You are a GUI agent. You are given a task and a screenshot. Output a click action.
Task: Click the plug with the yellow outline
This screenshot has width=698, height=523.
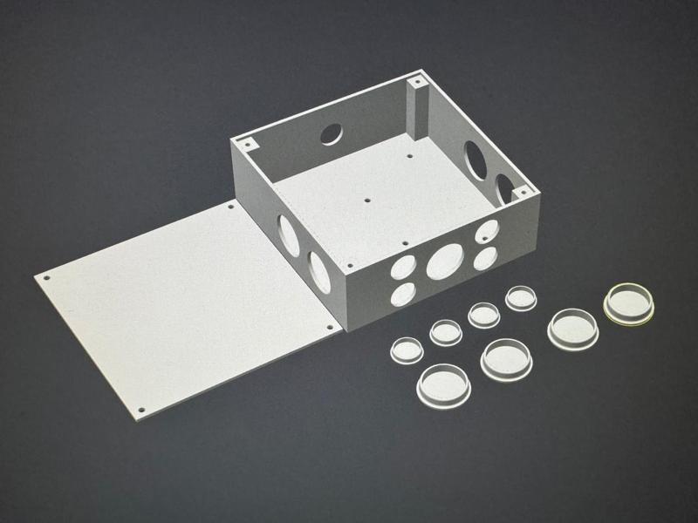[630, 303]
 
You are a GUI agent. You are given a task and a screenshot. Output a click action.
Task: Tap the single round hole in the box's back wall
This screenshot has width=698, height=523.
[332, 133]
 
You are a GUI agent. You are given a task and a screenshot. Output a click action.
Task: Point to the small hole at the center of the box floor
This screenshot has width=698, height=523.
[367, 198]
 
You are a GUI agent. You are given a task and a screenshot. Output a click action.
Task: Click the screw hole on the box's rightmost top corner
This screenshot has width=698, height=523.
[523, 189]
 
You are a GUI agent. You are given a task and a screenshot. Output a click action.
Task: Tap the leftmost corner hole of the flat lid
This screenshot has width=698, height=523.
[46, 278]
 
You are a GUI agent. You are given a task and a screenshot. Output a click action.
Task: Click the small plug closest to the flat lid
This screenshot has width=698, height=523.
[407, 348]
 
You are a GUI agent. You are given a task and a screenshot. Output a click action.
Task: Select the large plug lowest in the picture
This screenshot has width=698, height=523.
[445, 384]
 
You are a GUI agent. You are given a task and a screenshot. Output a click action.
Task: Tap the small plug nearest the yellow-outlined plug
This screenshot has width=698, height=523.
[522, 298]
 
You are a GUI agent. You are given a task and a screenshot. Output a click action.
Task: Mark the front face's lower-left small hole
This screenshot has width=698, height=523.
[403, 293]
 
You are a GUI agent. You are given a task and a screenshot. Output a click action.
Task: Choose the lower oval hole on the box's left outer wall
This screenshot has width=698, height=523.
[319, 271]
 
